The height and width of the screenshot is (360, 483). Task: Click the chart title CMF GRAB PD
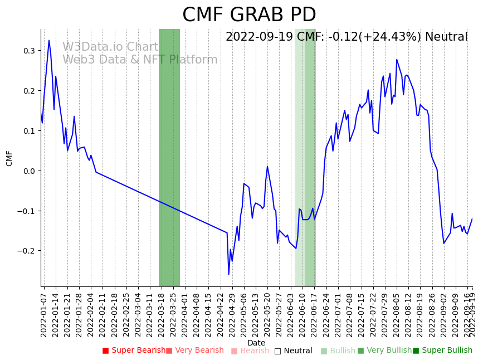click(249, 15)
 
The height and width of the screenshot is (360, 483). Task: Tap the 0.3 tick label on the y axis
click(29, 51)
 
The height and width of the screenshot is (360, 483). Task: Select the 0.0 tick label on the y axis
click(29, 171)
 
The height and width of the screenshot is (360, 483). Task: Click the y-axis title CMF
click(9, 158)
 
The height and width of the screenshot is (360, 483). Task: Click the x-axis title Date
click(256, 343)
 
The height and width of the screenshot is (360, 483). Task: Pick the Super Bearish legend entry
click(134, 351)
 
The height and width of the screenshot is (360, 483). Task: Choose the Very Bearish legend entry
click(195, 351)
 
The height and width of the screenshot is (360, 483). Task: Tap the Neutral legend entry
click(294, 351)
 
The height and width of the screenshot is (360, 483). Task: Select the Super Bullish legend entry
click(442, 351)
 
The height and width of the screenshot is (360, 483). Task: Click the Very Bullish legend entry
click(384, 351)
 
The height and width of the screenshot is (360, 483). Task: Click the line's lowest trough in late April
click(228, 274)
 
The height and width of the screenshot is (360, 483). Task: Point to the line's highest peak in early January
click(49, 40)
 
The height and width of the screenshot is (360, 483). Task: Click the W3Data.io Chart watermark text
click(110, 47)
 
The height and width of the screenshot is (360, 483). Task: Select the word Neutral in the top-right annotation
click(446, 37)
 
